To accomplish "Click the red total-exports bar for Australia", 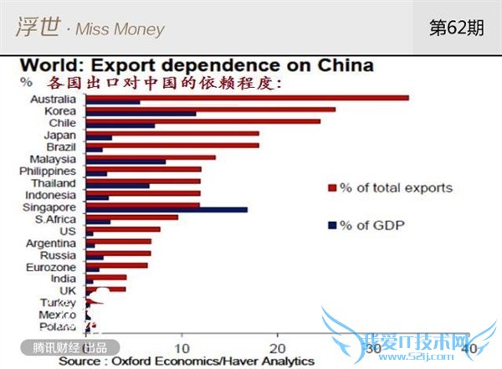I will pyautogui.click(x=247, y=98).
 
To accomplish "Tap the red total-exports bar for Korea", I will pyautogui.click(x=210, y=110).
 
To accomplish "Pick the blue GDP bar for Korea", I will pyautogui.click(x=141, y=113).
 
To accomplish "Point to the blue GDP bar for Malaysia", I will pyautogui.click(x=125, y=161).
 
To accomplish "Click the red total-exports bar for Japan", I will pyautogui.click(x=172, y=134).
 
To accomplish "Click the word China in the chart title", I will pyautogui.click(x=341, y=64).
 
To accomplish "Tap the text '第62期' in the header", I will pyautogui.click(x=456, y=28).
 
